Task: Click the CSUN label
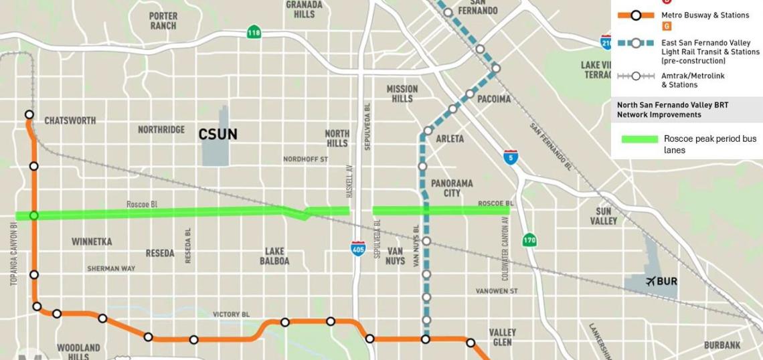(218, 134)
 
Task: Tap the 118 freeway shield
(253, 32)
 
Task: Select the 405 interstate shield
(358, 249)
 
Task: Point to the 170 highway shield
(529, 240)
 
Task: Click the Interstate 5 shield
(510, 157)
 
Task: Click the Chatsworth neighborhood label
(70, 121)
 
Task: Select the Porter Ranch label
(163, 21)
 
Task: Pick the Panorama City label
(452, 188)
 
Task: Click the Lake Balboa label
(274, 256)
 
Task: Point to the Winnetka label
(92, 242)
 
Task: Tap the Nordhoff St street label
(305, 160)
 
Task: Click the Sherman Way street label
(110, 269)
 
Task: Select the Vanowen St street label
(497, 291)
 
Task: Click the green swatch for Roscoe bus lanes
(639, 139)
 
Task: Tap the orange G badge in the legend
(666, 27)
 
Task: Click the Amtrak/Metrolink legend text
(693, 80)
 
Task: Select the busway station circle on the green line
(34, 215)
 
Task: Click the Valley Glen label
(502, 337)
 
